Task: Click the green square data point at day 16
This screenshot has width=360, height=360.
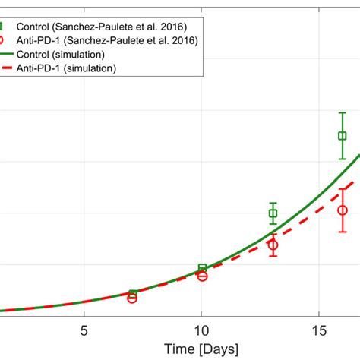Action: [x=343, y=136]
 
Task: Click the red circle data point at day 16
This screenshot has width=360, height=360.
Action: [x=343, y=210]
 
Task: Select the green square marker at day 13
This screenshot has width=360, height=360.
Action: [x=273, y=213]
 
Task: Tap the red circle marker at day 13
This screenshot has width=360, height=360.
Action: [x=273, y=245]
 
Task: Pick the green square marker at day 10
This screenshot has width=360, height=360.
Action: [x=202, y=268]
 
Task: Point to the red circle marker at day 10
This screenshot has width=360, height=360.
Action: [x=202, y=276]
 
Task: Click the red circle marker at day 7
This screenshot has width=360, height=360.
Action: [x=132, y=298]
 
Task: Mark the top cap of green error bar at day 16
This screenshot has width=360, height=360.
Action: [x=343, y=112]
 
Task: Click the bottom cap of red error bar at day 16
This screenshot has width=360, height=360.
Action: [x=343, y=232]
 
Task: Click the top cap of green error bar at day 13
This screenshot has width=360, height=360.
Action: [x=273, y=203]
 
